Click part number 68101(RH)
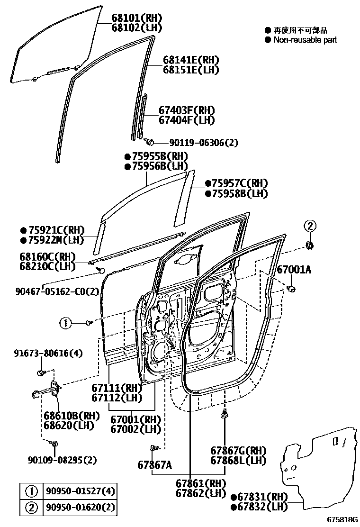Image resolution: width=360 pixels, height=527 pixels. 136,18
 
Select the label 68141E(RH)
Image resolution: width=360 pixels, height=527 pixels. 191,60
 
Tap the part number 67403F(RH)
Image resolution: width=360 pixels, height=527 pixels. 186,110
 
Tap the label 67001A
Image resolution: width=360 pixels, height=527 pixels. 294,270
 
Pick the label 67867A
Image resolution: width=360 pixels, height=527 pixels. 154,465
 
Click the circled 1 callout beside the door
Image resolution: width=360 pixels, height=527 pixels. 65,323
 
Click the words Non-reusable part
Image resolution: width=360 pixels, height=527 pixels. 305,40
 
